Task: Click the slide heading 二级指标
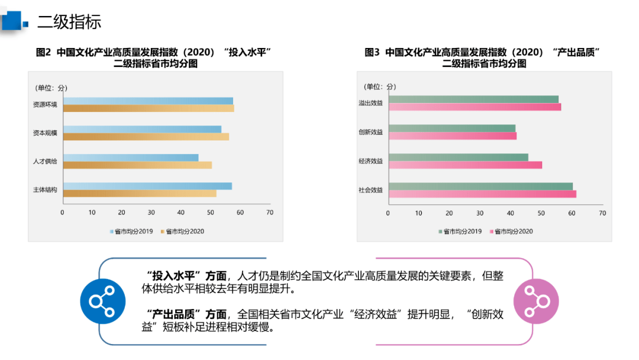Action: [69, 22]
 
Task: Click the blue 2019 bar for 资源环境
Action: [148, 101]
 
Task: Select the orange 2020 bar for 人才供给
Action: [137, 165]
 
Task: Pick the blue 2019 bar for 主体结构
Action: [147, 186]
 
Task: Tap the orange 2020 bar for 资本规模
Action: [146, 137]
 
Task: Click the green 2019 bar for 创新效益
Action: [452, 128]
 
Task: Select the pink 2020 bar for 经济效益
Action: [465, 165]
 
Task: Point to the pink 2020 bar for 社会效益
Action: [482, 194]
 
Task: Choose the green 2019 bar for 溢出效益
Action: [473, 99]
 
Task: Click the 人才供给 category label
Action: [45, 162]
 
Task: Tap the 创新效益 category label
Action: [370, 132]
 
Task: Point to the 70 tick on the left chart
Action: [270, 213]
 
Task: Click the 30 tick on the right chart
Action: [480, 213]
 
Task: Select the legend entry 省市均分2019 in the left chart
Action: [131, 232]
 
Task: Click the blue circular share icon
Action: [102, 301]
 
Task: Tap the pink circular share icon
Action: [535, 301]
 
